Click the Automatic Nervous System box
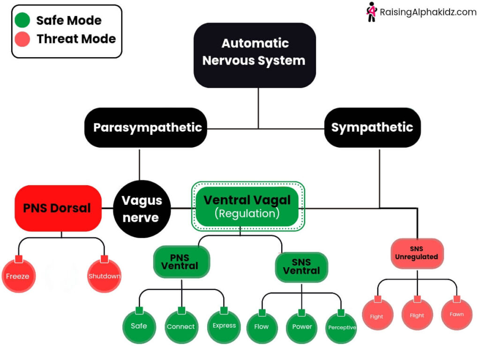pos(255,55)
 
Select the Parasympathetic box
pos(146,127)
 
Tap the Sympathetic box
pos(372,127)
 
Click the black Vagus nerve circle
pos(141,209)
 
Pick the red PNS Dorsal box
pos(58,208)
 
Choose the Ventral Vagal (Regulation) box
pos(247,206)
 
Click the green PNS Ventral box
pos(181,262)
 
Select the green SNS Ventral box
pos(301,267)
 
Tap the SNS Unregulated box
pos(417,254)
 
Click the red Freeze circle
pos(18,276)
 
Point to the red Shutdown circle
pos(104,276)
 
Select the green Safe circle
pos(139,326)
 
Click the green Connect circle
pos(181,326)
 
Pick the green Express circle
pos(224,326)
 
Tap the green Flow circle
pos(262,327)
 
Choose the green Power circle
pos(302,327)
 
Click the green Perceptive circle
pos(342,327)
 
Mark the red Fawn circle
pos(457,314)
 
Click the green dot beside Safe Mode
pos(23,20)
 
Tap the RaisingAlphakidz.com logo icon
pos(371,12)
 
